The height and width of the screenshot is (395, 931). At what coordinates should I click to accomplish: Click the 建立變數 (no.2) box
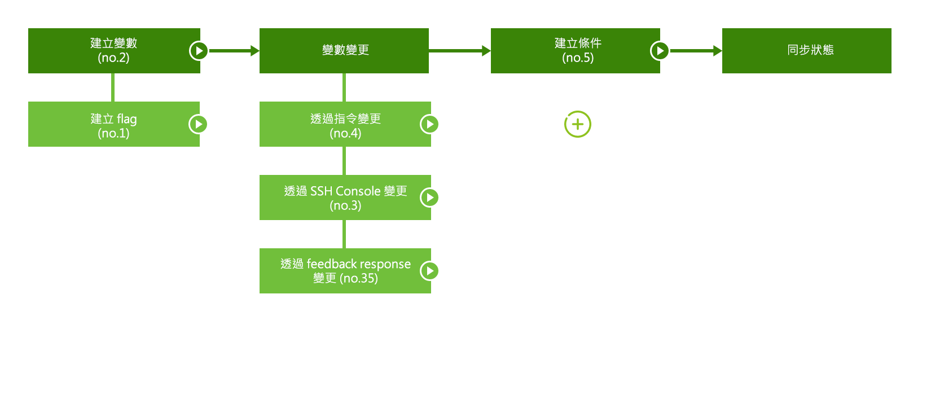pos(113,51)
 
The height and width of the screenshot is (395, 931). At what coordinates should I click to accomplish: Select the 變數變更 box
pos(344,51)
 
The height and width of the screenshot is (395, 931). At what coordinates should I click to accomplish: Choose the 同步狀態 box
pos(807,51)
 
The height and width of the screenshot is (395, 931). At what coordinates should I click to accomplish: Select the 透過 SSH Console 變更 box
pos(344,197)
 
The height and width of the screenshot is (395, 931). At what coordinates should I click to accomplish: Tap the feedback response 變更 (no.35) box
pos(344,271)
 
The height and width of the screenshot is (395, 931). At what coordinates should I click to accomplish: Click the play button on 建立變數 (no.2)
pos(198,51)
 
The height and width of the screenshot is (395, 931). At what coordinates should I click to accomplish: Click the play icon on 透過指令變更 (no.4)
pos(429,124)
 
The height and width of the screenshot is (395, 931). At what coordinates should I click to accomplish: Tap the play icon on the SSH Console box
pos(429,197)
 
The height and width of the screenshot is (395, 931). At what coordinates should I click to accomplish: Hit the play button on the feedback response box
pos(429,271)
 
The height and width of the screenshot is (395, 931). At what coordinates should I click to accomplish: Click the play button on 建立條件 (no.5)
pos(660,51)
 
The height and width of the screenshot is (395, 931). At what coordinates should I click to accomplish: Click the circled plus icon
pos(578,124)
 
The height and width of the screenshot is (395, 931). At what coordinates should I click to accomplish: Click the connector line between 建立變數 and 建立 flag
pos(113,87)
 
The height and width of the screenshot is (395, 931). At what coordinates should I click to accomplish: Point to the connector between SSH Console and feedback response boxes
pos(344,234)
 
